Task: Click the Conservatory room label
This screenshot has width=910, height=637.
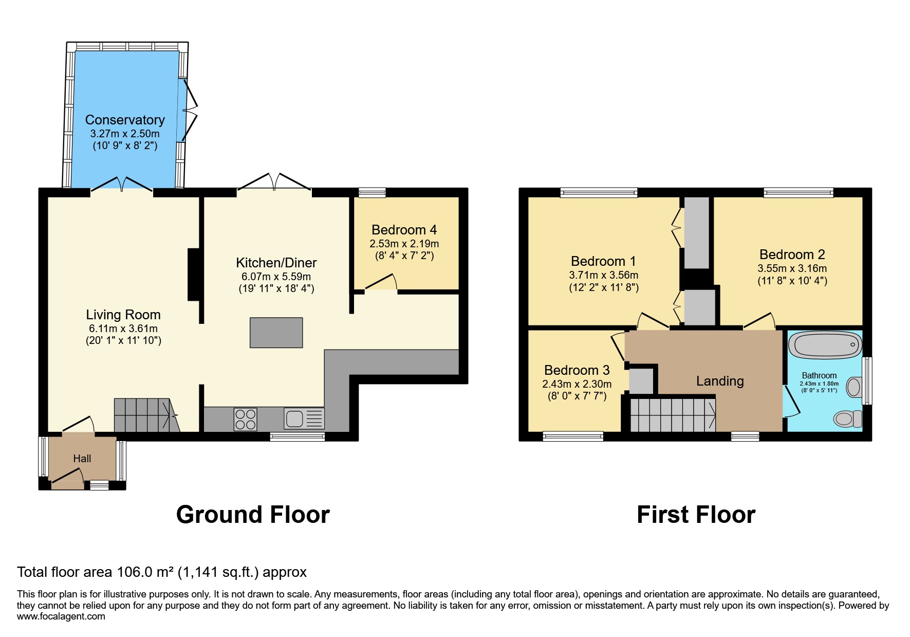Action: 125,120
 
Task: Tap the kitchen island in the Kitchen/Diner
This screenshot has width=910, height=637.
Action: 276,333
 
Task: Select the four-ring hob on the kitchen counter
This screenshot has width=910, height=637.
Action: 245,418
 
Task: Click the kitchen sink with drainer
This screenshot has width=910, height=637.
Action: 304,418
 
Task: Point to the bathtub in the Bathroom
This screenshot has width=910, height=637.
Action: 825,344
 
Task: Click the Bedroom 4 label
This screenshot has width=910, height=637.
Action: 404,230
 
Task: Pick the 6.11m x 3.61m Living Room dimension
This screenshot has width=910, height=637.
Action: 123,329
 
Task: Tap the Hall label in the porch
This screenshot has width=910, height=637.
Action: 82,459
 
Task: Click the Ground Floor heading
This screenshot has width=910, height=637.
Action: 253,515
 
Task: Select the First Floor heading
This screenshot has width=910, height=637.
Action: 696,515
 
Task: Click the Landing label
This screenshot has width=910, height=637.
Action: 719,381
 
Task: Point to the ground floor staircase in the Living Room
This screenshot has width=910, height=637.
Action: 145,415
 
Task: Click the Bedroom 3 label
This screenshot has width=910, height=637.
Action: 577,370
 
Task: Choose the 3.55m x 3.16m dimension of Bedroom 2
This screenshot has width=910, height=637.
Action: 792,268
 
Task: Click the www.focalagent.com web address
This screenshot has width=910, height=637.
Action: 61,616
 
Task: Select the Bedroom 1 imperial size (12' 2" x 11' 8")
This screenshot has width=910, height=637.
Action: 604,288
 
